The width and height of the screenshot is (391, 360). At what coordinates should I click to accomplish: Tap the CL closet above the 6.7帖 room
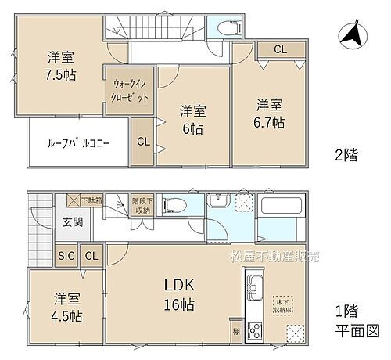tap(278, 49)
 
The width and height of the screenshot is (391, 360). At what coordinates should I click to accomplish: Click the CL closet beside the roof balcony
tap(143, 142)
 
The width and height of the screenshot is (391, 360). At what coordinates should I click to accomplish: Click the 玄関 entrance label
tap(73, 222)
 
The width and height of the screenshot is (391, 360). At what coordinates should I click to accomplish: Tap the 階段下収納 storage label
tap(141, 205)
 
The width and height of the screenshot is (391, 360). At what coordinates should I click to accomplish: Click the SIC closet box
tap(66, 255)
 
